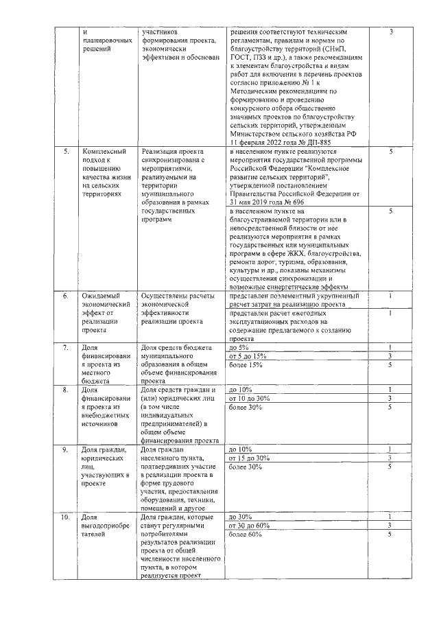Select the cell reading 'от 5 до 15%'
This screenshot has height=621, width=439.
248,356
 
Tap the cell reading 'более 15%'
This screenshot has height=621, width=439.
245,364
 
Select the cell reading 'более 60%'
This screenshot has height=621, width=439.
245,534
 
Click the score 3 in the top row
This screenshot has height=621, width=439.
390,32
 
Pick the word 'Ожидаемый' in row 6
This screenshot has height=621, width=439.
99,296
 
